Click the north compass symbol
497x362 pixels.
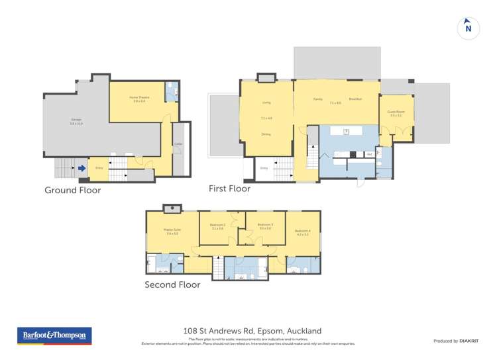coord(469,28)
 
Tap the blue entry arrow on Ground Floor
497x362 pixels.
coord(82,168)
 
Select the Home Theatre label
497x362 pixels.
coord(139,97)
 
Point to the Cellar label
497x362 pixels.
coord(178,144)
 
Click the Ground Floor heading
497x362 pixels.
coord(72,190)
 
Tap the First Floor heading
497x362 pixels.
coord(229,189)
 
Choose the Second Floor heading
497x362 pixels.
coord(172,285)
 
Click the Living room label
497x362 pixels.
coord(266,103)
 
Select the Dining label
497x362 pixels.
coord(266,134)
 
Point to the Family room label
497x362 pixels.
coord(318,99)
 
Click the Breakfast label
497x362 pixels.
coord(355,99)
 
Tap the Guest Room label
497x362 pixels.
coord(396,112)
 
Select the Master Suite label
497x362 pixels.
coord(173,230)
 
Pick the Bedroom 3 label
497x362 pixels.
coord(265,225)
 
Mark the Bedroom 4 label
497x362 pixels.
coord(304,230)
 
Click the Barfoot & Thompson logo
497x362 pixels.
coord(54,336)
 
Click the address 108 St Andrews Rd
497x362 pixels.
coord(252,331)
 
